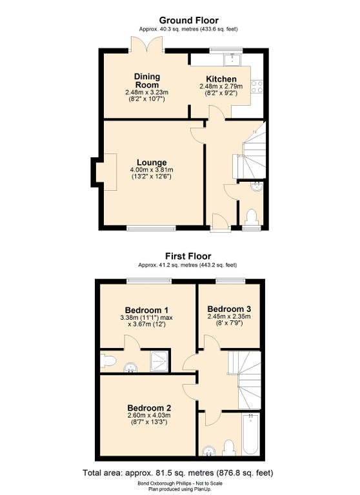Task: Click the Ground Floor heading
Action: click(188, 21)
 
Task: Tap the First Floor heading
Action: click(188, 256)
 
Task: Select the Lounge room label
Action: click(152, 162)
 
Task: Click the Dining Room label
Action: click(147, 81)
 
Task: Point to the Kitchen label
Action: click(221, 79)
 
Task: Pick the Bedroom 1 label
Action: click(146, 310)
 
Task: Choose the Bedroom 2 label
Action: click(149, 408)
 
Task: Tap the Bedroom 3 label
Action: click(229, 309)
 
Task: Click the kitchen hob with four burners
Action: click(257, 87)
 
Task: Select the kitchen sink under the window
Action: click(232, 59)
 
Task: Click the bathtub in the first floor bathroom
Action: click(251, 434)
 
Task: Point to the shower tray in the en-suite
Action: click(159, 361)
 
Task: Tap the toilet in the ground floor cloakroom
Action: click(252, 217)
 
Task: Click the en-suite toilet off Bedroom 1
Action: click(106, 361)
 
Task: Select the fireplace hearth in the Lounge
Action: click(106, 171)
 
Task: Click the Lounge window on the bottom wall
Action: click(151, 228)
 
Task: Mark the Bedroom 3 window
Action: click(230, 281)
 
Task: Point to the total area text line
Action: click(178, 473)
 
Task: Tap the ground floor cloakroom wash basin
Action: click(256, 186)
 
